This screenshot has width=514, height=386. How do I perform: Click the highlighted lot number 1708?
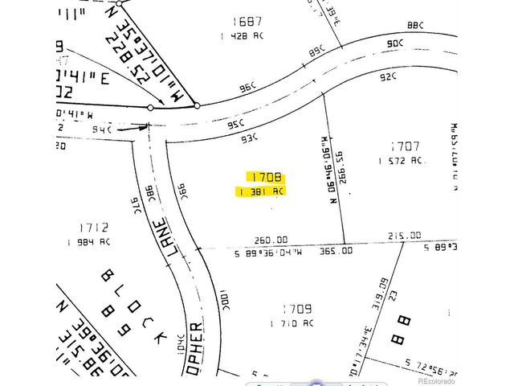coord(265,177)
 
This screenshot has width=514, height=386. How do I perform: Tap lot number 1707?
coord(405,146)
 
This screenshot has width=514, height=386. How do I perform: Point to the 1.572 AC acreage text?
coord(400,162)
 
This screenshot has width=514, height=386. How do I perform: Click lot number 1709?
coord(296,308)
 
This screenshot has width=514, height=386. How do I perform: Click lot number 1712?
coord(94,228)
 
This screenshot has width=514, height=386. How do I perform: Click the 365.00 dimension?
coord(336,251)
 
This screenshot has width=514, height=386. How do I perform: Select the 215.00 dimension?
coord(404,236)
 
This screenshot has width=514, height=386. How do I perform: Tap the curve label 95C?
coord(235,125)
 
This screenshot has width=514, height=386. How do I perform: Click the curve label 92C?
coord(389,78)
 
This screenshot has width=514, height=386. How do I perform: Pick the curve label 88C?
coord(414,27)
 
